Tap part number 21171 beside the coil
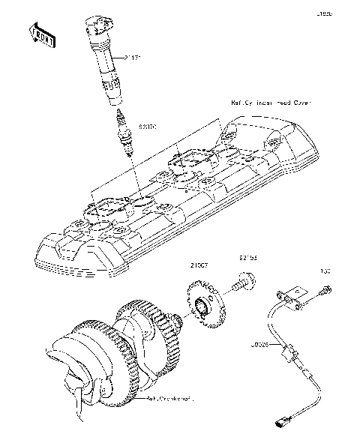[135, 57]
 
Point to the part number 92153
[248, 256]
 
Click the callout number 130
[325, 271]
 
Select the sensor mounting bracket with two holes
[295, 299]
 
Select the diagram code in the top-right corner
[343, 13]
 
